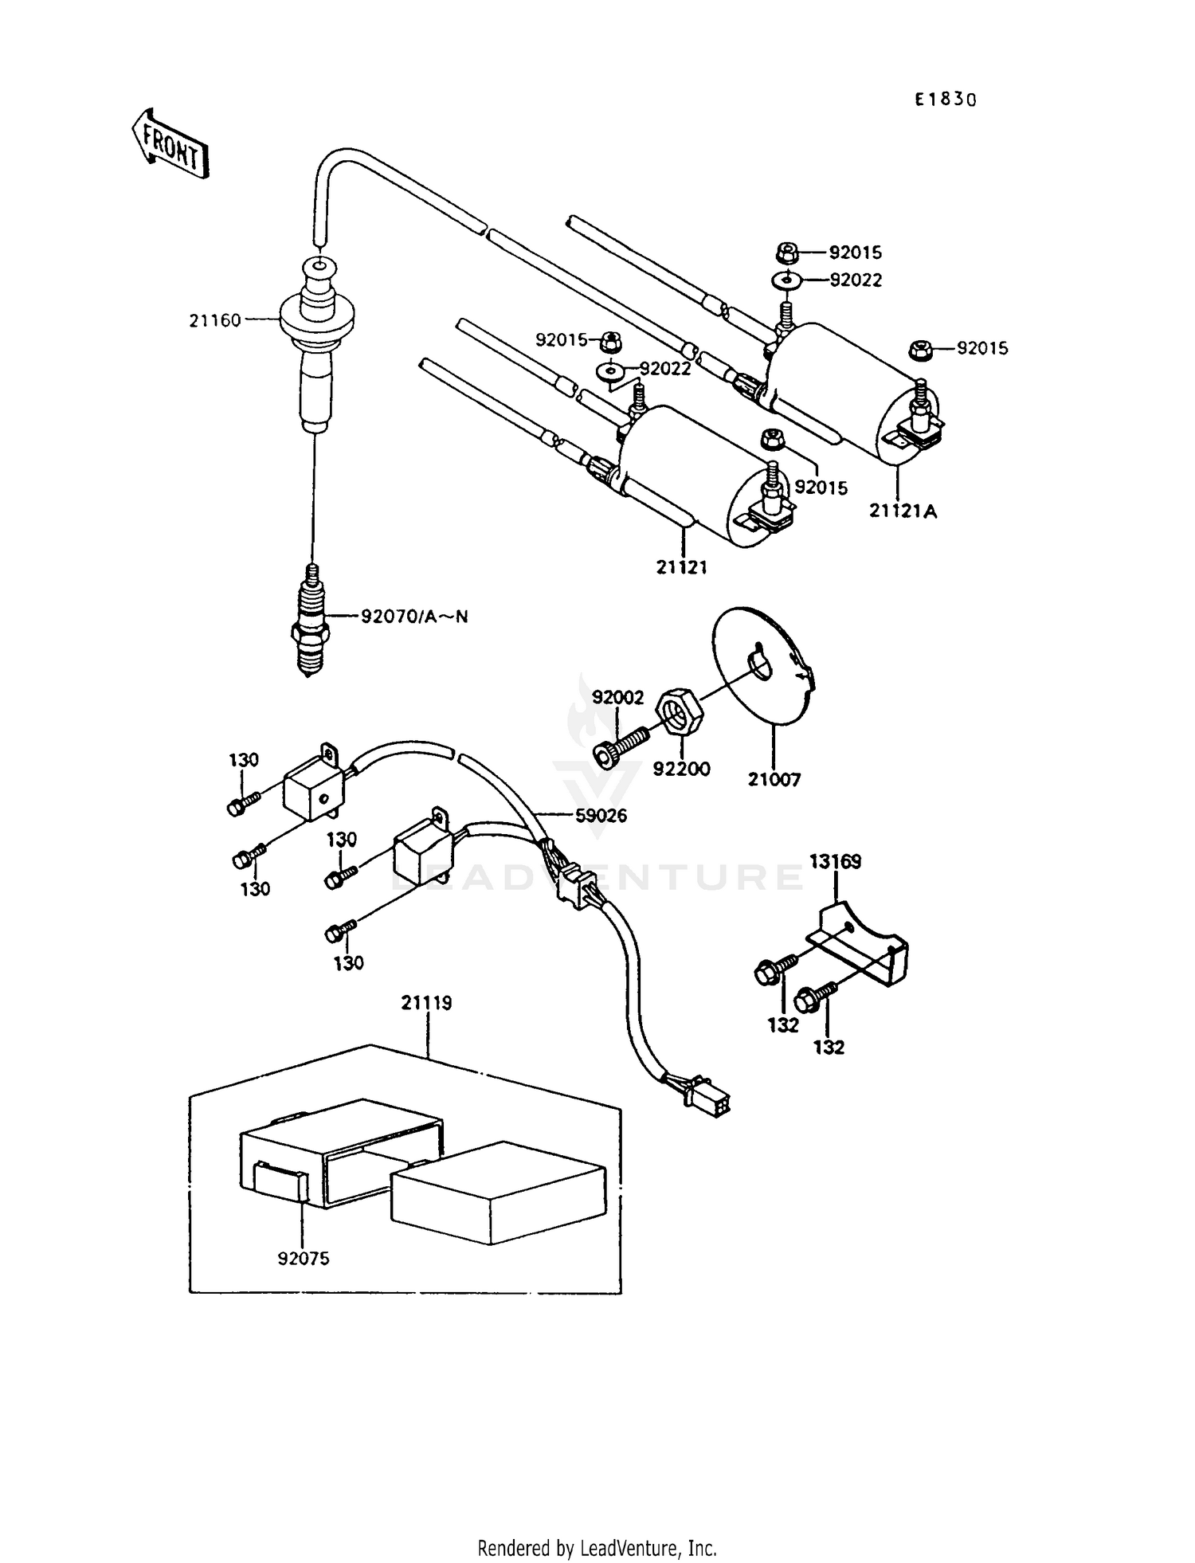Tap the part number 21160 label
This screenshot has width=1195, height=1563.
(214, 321)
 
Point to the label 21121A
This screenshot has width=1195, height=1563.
(903, 511)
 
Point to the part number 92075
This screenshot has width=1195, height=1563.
(303, 1259)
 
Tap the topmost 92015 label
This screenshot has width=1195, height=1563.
(855, 253)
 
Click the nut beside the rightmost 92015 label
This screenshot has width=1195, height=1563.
(919, 349)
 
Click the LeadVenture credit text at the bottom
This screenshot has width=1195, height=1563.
(597, 1548)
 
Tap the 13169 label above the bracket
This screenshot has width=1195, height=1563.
(835, 861)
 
